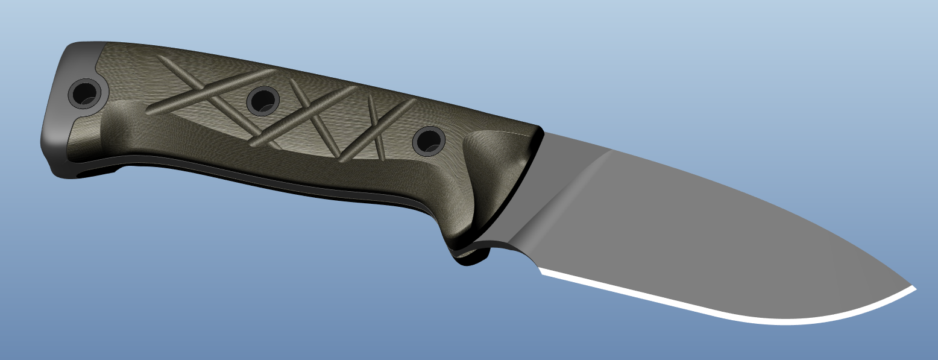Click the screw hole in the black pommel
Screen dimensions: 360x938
tap(84, 93)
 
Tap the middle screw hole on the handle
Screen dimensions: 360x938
tap(263, 101)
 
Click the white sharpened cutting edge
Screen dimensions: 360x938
tap(723, 315)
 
